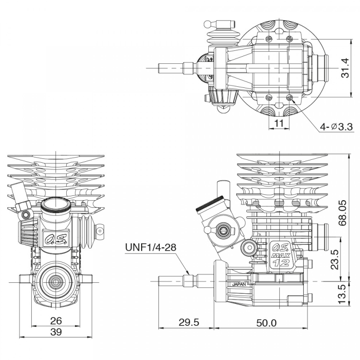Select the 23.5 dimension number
coord(335,259)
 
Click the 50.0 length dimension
coord(266,323)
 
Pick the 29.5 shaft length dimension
coord(188,323)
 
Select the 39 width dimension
coord(56,333)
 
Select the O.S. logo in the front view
coord(55,238)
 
